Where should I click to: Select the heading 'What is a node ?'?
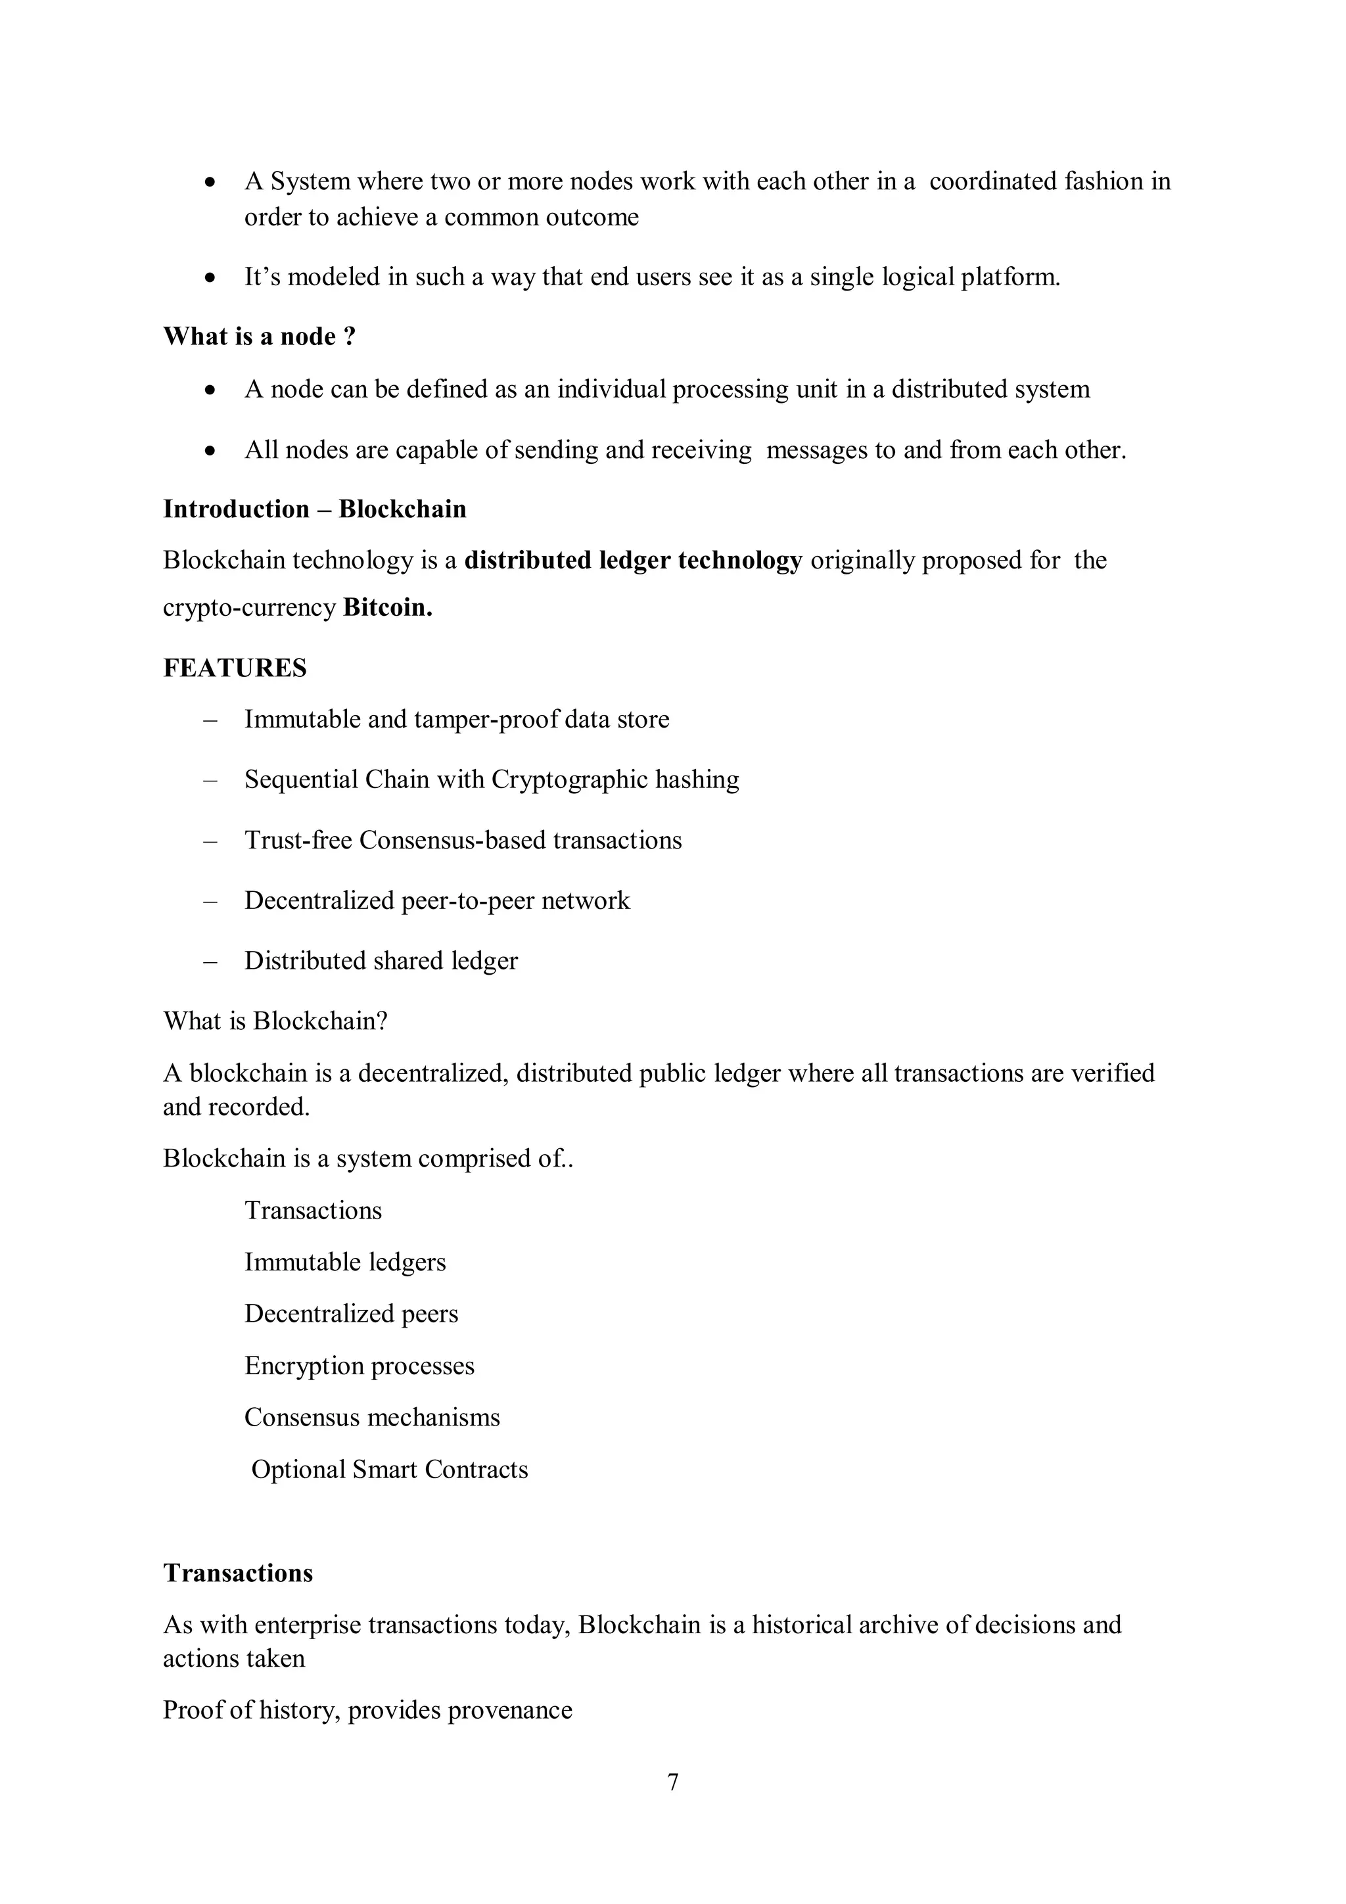(x=259, y=336)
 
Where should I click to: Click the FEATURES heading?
(x=235, y=668)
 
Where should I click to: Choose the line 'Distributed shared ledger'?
(x=381, y=960)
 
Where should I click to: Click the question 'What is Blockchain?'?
(x=275, y=1020)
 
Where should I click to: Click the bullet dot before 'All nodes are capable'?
(x=211, y=450)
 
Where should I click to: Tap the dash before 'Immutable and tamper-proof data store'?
(x=210, y=719)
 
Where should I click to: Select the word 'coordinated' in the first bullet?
(x=992, y=181)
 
